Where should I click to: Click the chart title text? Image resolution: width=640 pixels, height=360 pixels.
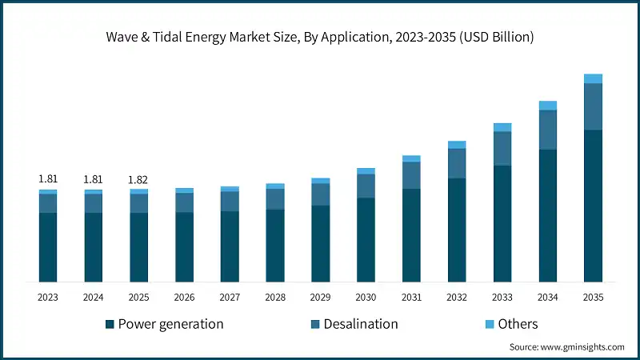pos(320,37)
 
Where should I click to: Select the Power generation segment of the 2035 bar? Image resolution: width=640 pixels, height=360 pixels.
pos(593,206)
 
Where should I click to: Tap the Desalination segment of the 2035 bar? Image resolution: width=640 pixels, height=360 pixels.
pos(593,106)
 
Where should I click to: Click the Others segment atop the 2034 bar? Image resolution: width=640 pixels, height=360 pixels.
pos(547,106)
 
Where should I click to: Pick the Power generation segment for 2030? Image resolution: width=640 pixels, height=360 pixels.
pos(366,239)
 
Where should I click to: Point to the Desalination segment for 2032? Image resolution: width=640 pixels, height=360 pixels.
pos(457,163)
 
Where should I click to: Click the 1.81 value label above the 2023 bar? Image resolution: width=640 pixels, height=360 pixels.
pos(48,179)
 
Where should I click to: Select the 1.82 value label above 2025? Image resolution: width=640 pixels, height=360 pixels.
pos(139,179)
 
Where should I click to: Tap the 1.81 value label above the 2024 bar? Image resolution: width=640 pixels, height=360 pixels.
pos(94,179)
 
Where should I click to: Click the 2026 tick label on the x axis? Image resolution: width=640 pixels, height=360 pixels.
pos(184,298)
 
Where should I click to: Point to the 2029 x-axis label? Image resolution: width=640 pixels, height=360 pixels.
pos(320,298)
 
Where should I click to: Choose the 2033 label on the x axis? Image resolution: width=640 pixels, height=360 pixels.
pos(502,298)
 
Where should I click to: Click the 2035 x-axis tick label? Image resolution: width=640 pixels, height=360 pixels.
pos(593,298)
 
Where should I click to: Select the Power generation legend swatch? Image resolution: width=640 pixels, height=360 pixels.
pos(110,324)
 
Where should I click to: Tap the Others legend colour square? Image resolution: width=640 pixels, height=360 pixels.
pos(490,324)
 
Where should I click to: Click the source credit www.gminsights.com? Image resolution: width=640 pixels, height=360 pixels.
pos(566,347)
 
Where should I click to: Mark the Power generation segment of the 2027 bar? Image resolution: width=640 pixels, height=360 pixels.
pos(230,246)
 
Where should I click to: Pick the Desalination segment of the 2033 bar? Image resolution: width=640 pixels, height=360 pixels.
pos(502,149)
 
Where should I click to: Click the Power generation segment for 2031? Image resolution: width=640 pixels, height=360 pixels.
pos(411,235)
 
